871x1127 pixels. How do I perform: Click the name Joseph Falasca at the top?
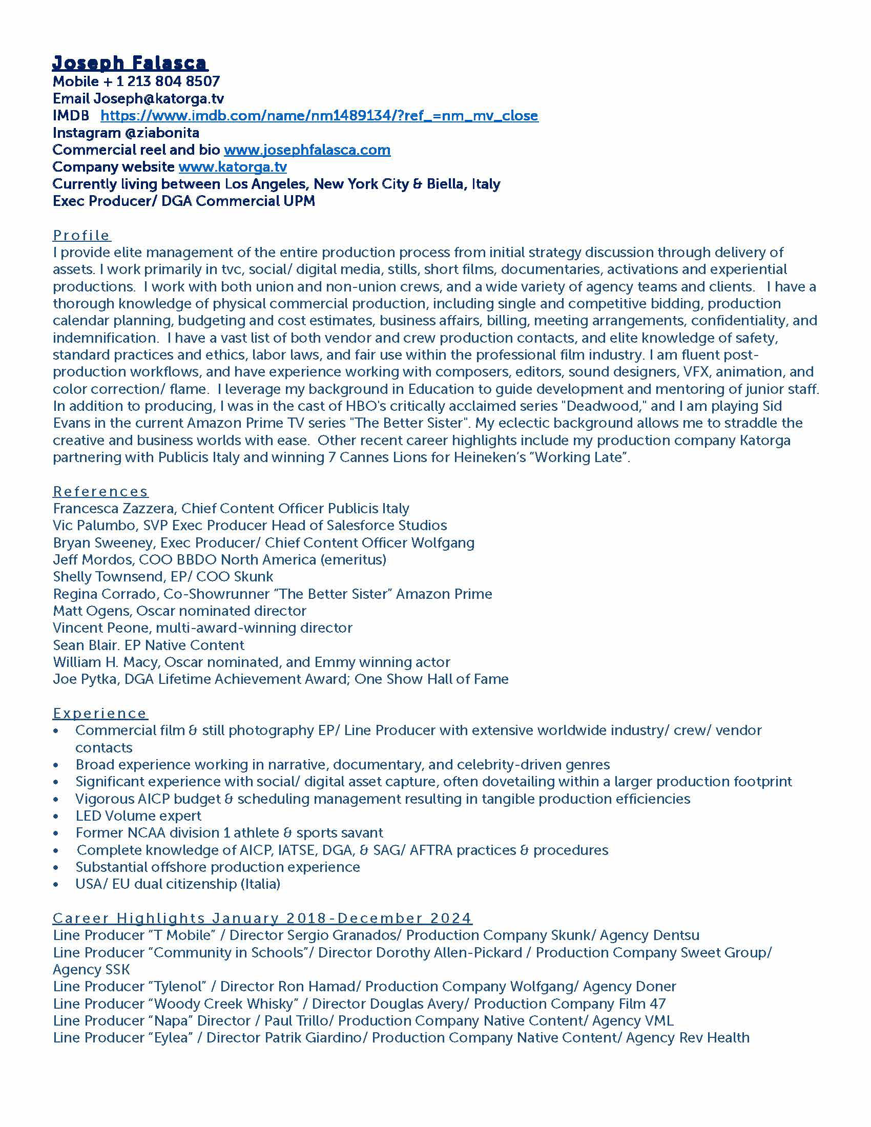[x=130, y=63]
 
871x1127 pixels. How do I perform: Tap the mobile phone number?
[x=168, y=81]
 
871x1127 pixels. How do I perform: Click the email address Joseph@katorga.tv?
[x=158, y=98]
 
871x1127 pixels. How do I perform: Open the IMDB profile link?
[x=319, y=116]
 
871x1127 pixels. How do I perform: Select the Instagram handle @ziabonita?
[x=162, y=133]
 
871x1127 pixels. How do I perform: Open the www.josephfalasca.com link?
[x=307, y=150]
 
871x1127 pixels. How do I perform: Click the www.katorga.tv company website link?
[x=232, y=166]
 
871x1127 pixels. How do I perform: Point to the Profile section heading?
[x=81, y=235]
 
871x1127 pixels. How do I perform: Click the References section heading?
[x=100, y=491]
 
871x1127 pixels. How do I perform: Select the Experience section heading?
[x=100, y=713]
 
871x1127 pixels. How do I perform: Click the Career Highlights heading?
[x=262, y=918]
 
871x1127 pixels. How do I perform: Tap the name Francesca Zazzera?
[x=115, y=508]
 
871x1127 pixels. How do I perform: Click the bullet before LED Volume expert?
[x=56, y=817]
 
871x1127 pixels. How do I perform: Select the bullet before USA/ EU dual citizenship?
[x=56, y=885]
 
